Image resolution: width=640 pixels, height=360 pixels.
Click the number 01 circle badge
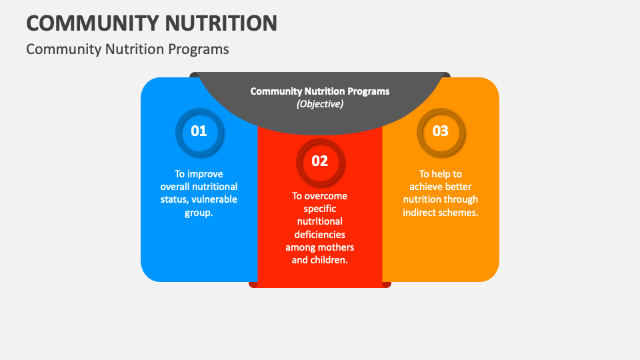pos(199,131)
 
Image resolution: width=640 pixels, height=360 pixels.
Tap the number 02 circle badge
pos(320,161)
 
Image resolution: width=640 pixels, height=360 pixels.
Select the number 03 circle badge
pos(441,131)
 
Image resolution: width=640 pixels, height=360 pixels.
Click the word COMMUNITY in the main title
pos(86,23)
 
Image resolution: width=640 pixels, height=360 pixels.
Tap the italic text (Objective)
pos(320,104)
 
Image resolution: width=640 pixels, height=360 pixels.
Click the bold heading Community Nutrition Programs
pos(320,91)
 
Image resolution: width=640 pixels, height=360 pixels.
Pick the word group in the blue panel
pos(197,212)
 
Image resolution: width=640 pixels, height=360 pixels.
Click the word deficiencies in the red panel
pos(320,235)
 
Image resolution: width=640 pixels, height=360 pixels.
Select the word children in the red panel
pos(329,260)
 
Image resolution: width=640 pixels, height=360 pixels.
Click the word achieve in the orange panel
pos(425,187)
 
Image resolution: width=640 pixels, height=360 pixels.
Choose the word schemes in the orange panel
pos(459,212)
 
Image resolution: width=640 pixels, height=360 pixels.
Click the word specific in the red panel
pos(320,209)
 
